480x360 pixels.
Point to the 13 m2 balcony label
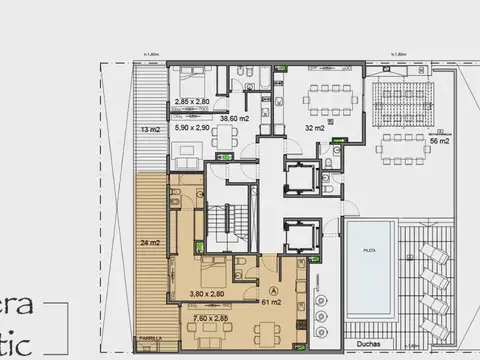point(149,130)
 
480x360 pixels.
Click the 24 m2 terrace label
point(150,243)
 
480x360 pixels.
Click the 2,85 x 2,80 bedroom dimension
point(192,102)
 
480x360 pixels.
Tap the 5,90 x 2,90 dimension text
point(192,129)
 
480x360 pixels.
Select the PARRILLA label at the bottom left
point(151,338)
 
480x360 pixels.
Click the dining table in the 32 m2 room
point(321,98)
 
